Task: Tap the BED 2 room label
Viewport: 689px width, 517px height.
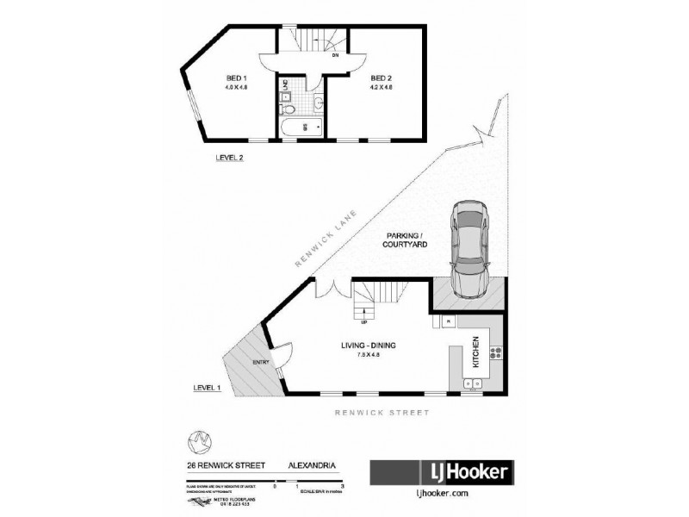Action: point(381,78)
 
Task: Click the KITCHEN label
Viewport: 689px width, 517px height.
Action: point(473,355)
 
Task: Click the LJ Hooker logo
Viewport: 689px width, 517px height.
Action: point(442,472)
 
